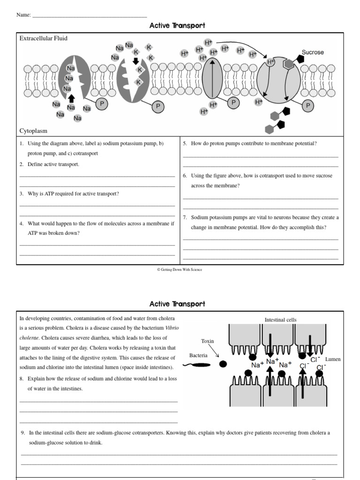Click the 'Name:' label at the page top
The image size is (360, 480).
point(23,15)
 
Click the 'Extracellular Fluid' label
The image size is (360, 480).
point(43,38)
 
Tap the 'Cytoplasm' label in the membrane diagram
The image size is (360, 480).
point(33,131)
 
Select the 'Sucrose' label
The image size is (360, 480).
point(312,52)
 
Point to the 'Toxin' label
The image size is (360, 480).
point(207,341)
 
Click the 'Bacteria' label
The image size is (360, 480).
point(198,356)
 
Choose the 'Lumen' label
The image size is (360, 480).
point(333,359)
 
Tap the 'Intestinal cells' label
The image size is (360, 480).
point(280,320)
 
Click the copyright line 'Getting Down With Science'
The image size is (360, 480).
point(180,270)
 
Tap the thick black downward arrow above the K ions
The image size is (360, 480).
point(136,61)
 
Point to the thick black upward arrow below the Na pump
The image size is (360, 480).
point(71,98)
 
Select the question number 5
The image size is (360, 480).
point(185,143)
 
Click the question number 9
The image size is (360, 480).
point(23,433)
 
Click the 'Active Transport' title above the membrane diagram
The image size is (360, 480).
point(177,26)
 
